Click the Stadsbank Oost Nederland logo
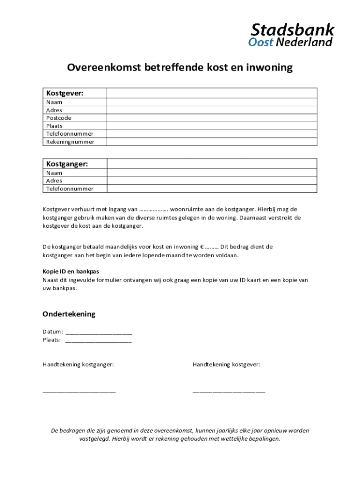(x=291, y=35)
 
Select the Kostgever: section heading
(x=65, y=93)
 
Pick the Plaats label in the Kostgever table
(x=54, y=126)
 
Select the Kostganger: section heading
(x=67, y=164)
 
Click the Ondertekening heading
(x=69, y=314)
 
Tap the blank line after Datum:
(x=99, y=333)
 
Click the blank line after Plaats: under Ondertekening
(x=98, y=341)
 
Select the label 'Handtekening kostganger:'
(x=78, y=364)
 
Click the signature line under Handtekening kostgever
(x=229, y=391)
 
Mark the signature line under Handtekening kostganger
(x=79, y=391)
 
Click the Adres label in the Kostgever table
(x=54, y=110)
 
